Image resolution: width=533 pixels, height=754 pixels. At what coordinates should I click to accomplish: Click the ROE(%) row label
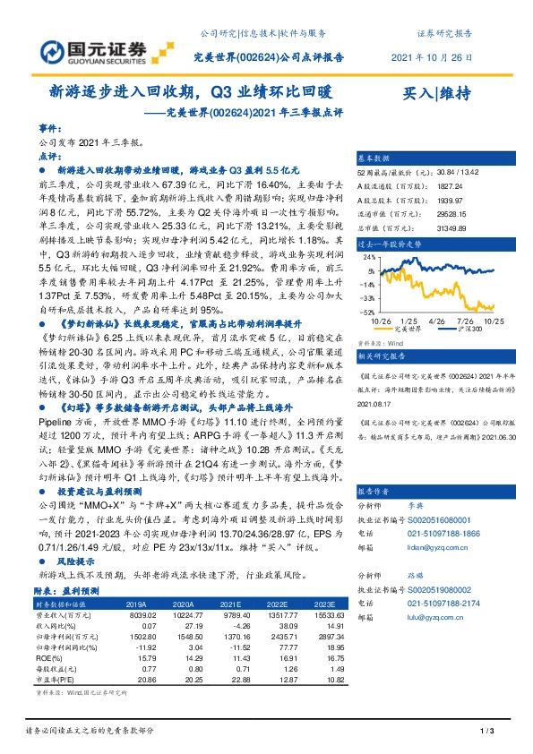(x=53, y=657)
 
